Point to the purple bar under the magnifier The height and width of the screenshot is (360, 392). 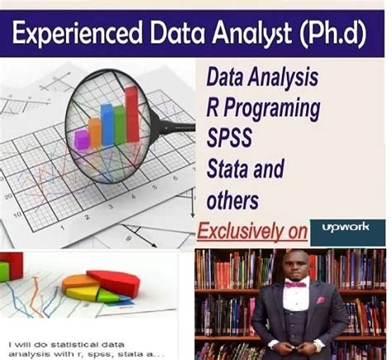pos(82,139)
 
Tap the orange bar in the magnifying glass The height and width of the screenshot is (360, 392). pos(93,131)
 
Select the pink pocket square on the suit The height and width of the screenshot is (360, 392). pos(318,300)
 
